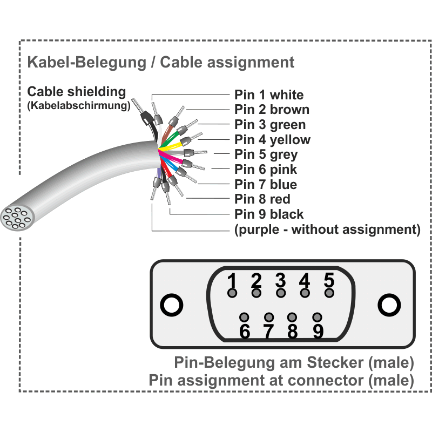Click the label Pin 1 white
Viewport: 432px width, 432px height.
point(269,95)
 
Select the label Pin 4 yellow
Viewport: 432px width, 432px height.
point(272,140)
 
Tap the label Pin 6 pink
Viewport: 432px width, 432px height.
point(266,170)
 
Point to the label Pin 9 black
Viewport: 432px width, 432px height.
point(269,214)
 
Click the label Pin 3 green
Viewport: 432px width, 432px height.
point(270,125)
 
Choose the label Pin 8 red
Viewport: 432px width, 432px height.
point(262,199)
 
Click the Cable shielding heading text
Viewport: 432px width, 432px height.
point(76,92)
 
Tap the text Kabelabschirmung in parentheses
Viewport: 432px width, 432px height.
point(79,105)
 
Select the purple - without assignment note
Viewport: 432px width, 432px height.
point(327,230)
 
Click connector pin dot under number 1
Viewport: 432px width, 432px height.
point(232,293)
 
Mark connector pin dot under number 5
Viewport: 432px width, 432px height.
point(329,293)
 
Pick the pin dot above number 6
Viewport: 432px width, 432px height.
point(244,317)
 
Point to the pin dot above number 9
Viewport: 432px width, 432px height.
point(318,317)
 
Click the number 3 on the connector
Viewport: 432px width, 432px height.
point(280,280)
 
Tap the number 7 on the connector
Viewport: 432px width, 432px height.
point(268,332)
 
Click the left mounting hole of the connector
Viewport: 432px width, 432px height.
point(172,305)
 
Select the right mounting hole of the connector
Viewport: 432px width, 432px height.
point(389,305)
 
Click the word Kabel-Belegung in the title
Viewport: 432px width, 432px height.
point(86,62)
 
